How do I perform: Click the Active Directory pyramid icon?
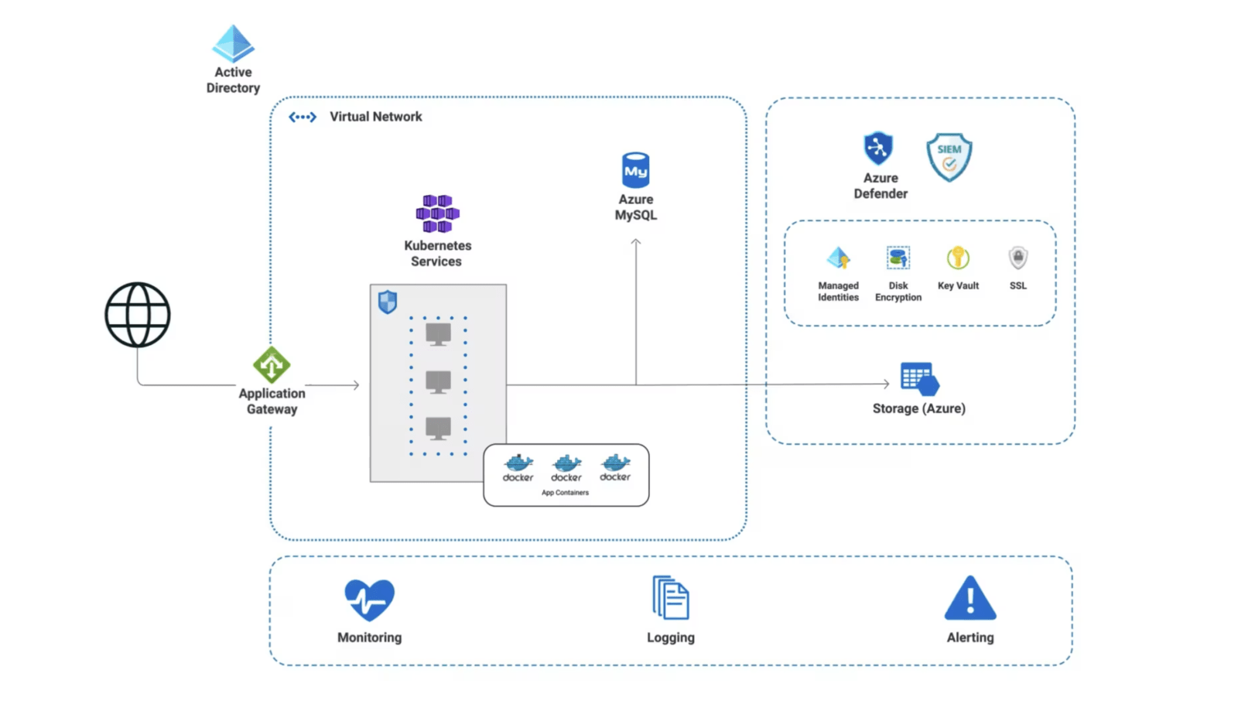pyautogui.click(x=233, y=43)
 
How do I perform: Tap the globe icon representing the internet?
pyautogui.click(x=138, y=315)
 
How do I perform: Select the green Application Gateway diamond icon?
pyautogui.click(x=272, y=365)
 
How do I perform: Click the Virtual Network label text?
pyautogui.click(x=375, y=117)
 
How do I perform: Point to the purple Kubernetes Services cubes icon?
pyautogui.click(x=437, y=214)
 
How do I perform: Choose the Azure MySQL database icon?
pyautogui.click(x=635, y=170)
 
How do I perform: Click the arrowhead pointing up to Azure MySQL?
pyautogui.click(x=636, y=243)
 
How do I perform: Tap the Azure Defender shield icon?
pyautogui.click(x=878, y=148)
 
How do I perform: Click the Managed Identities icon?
pyautogui.click(x=838, y=258)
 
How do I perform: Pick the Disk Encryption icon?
pyautogui.click(x=898, y=258)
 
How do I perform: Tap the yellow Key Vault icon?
pyautogui.click(x=958, y=258)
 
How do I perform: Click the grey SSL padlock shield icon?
pyautogui.click(x=1018, y=258)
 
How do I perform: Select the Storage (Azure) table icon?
pyautogui.click(x=919, y=379)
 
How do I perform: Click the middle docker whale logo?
pyautogui.click(x=566, y=464)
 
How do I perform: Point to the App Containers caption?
pyautogui.click(x=565, y=493)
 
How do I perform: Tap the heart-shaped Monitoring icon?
pyautogui.click(x=369, y=600)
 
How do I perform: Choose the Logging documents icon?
pyautogui.click(x=671, y=597)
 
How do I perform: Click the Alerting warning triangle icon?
pyautogui.click(x=970, y=599)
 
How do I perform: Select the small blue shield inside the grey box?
pyautogui.click(x=388, y=302)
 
